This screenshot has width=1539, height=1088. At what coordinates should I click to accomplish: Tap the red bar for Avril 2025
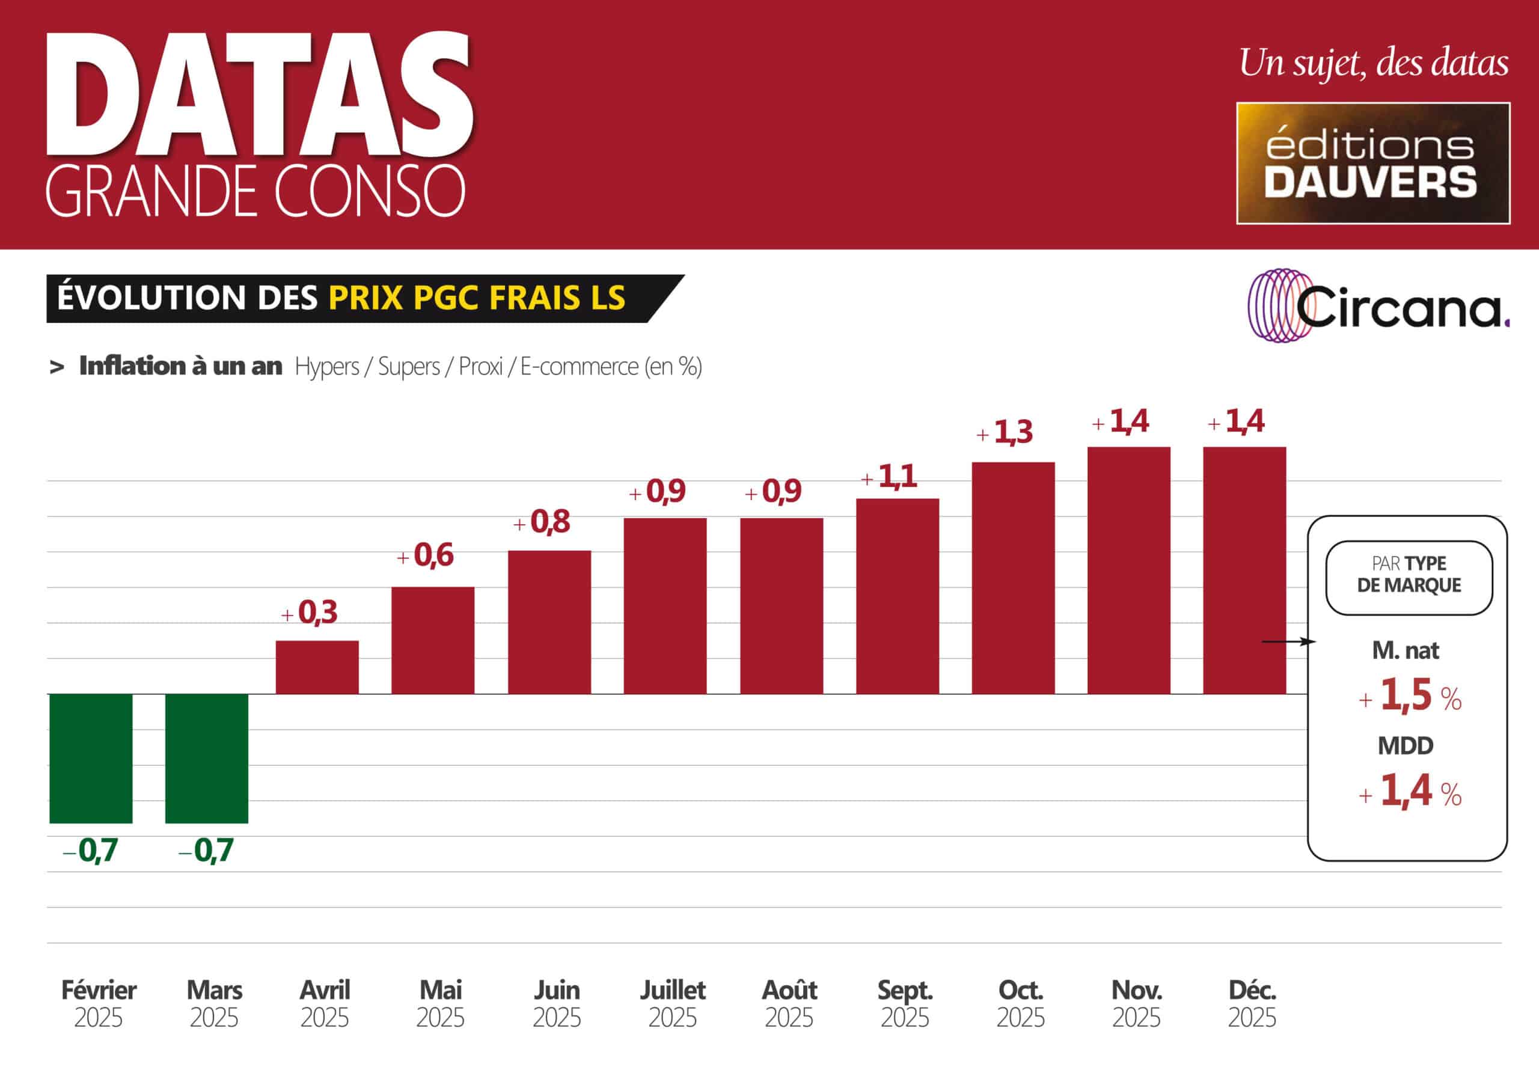[x=317, y=667]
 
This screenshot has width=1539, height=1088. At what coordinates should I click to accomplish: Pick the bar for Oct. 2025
[x=1013, y=578]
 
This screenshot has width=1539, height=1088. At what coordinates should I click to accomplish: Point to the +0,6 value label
[x=426, y=555]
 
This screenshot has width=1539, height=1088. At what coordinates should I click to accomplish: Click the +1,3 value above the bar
[x=1004, y=432]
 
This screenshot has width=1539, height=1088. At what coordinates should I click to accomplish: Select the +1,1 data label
[x=889, y=477]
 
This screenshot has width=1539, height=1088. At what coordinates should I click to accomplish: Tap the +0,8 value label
[x=542, y=522]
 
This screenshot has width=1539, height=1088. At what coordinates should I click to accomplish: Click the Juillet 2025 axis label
[x=672, y=1003]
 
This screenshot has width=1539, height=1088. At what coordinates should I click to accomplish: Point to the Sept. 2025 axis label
[x=904, y=1003]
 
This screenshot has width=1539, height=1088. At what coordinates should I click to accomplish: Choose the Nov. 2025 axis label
[x=1136, y=1003]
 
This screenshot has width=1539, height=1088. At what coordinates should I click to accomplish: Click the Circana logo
[x=1378, y=306]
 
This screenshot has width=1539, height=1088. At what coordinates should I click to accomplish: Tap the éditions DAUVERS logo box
[x=1372, y=163]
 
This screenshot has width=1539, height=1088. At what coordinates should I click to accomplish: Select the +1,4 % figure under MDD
[x=1410, y=791]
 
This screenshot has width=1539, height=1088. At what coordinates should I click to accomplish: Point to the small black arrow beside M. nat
[x=1288, y=641]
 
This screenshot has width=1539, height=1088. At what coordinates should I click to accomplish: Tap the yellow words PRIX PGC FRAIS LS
[x=477, y=298]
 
